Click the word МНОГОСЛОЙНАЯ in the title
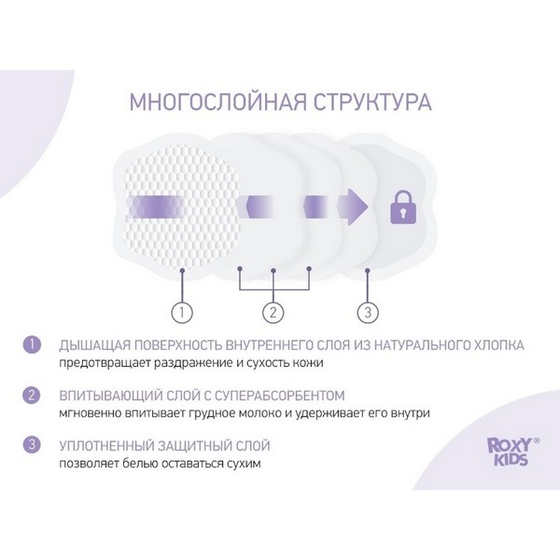click(x=217, y=102)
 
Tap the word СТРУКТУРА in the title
click(x=372, y=102)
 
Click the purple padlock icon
click(x=403, y=207)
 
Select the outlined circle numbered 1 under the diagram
click(x=182, y=313)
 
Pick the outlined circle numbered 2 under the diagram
click(x=273, y=313)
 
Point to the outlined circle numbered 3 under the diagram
click(x=368, y=313)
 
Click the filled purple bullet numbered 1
click(x=32, y=344)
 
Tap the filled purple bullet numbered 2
click(x=32, y=395)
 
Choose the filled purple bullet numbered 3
click(x=32, y=445)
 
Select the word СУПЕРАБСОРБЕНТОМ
click(x=275, y=396)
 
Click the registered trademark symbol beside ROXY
click(x=536, y=441)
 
